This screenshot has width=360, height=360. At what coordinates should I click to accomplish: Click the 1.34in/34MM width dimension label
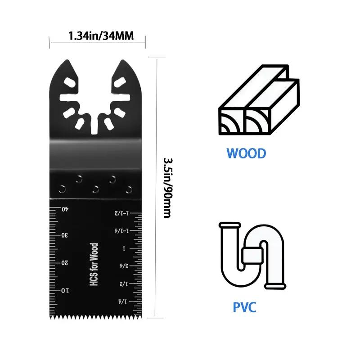[101, 36]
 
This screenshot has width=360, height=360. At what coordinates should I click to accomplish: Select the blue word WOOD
[246, 153]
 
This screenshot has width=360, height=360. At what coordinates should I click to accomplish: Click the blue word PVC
[244, 307]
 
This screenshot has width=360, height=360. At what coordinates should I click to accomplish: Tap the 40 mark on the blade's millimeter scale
[65, 208]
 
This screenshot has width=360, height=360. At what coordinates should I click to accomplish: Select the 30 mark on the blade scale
[65, 235]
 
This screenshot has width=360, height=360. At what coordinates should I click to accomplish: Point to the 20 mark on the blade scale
[65, 262]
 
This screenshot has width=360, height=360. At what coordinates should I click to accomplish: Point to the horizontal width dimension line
[98, 42]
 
